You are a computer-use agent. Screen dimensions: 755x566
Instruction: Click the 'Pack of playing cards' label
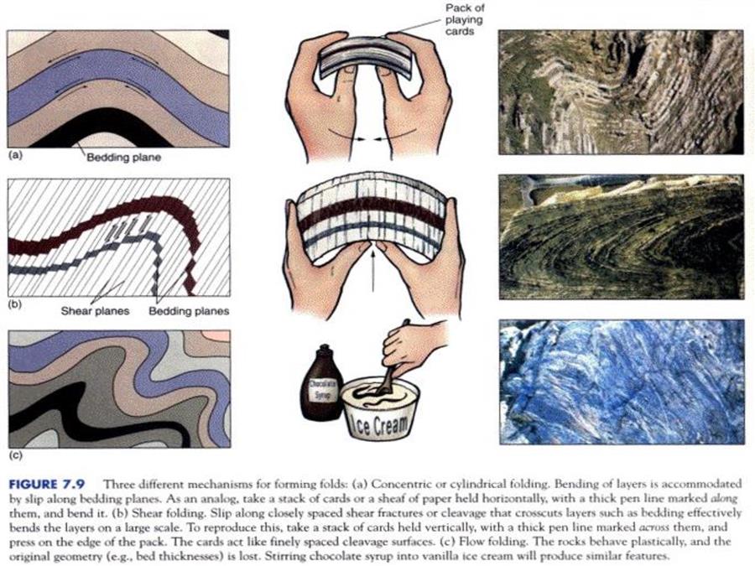tap(464, 20)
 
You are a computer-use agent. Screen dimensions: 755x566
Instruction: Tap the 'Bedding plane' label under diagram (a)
tap(124, 158)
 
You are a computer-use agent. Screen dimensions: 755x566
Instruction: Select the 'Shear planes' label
tap(96, 311)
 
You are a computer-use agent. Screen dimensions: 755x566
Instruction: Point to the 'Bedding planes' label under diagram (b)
tap(189, 311)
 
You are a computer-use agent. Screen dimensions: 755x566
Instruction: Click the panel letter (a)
tap(16, 155)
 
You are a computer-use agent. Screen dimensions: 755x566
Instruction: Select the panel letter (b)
tap(16, 304)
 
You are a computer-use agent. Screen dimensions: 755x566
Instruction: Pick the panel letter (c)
tap(16, 454)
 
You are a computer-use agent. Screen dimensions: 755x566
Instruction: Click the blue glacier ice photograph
tap(622, 382)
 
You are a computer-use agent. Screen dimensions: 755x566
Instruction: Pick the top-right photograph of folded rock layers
tap(621, 92)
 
